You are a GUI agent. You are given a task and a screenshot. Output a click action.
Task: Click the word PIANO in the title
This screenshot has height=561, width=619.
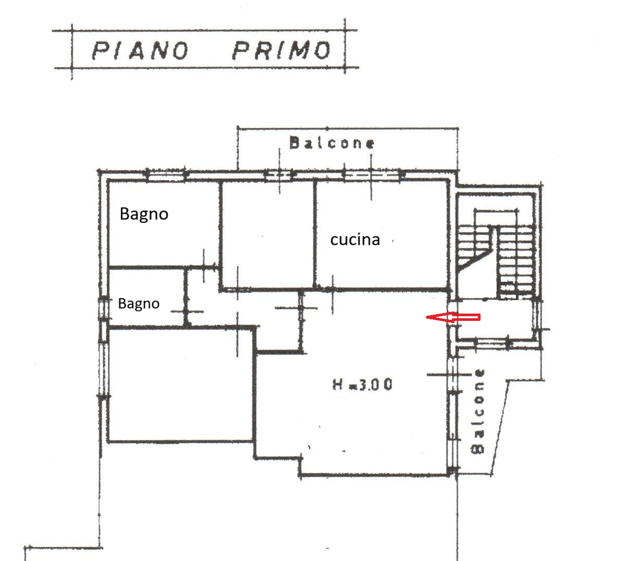(140, 51)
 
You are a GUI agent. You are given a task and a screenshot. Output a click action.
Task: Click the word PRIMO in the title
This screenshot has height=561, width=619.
(282, 50)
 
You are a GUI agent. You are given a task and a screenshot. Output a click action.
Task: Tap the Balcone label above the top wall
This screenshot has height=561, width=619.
(332, 143)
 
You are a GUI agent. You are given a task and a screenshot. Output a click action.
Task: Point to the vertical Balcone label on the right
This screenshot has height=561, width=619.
(478, 412)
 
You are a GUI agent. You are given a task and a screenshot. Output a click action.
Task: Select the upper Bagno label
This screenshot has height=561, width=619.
(144, 214)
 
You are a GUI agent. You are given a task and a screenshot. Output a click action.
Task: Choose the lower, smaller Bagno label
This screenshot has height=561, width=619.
(138, 303)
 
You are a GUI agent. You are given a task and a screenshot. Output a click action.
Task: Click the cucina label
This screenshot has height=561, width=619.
(355, 240)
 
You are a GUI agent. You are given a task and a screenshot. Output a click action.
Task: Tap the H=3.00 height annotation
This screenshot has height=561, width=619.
(362, 384)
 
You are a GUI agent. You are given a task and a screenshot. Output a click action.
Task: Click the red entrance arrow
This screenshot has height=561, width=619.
(453, 317)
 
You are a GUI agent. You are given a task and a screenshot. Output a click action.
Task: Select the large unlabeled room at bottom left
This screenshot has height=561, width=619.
(181, 384)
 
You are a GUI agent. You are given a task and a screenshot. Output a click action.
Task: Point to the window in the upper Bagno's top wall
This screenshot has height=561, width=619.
(166, 174)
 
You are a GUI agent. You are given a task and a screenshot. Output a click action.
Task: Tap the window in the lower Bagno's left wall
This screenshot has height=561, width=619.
(103, 308)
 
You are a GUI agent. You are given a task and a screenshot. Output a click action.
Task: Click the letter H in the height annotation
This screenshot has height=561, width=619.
(338, 384)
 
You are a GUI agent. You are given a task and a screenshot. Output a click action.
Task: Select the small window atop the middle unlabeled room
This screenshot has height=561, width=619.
(280, 174)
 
